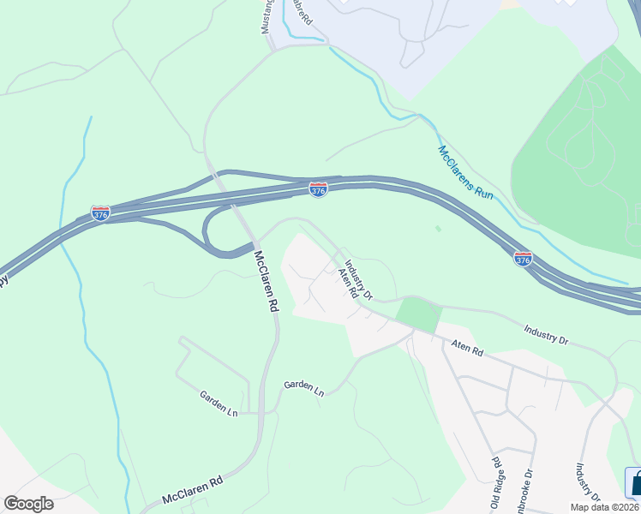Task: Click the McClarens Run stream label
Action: click(466, 172)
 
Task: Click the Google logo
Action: click(28, 504)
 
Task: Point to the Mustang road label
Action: click(266, 17)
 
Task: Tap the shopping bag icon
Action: click(633, 481)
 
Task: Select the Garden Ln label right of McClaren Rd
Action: click(304, 388)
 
